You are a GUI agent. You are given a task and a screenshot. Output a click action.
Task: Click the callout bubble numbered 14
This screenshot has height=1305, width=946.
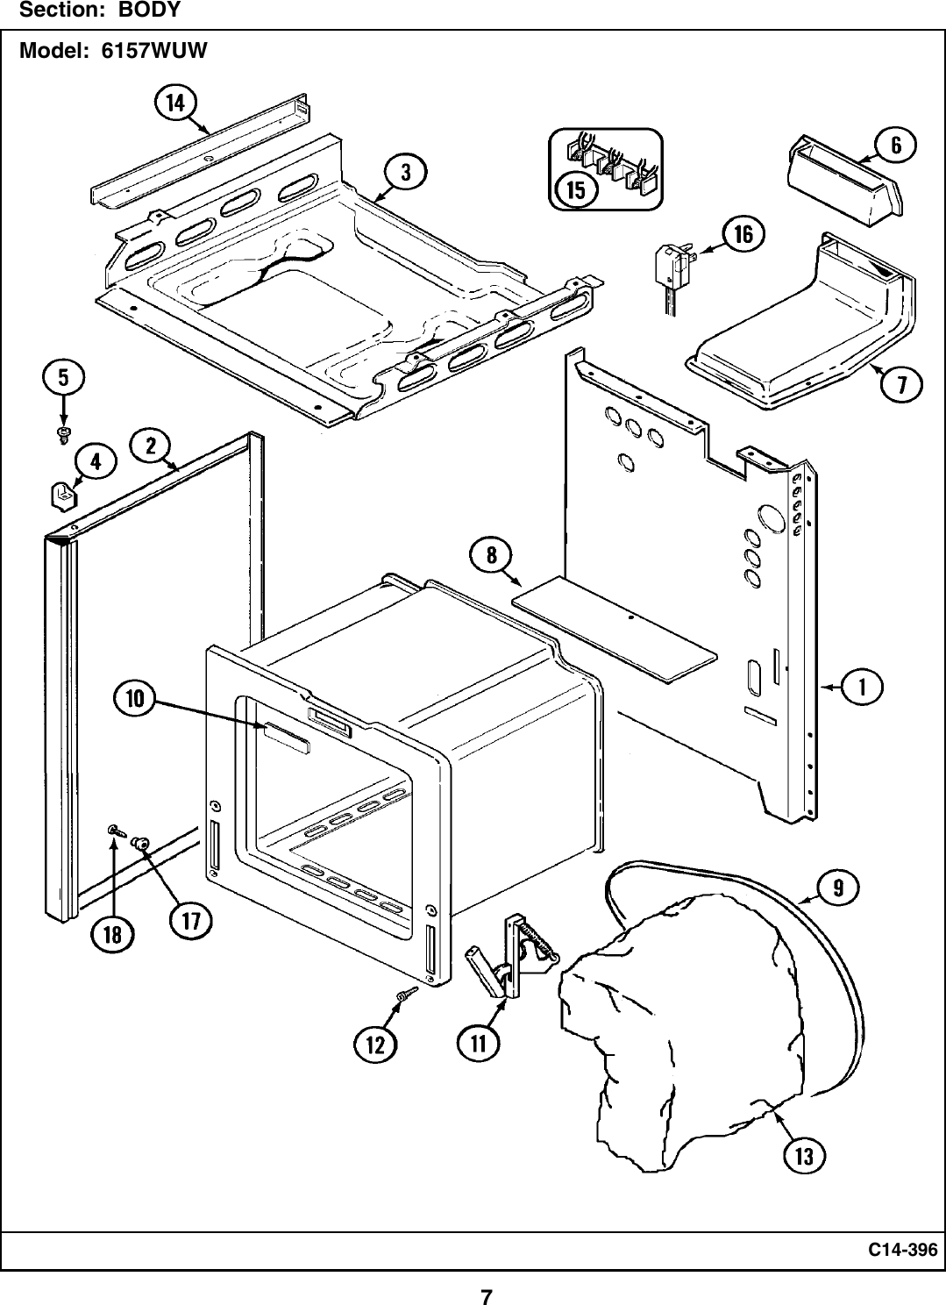coord(176,103)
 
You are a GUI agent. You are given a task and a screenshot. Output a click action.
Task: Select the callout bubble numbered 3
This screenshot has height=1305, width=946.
coord(405,172)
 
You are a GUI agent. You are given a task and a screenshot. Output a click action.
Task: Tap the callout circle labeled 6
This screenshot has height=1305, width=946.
coord(896,145)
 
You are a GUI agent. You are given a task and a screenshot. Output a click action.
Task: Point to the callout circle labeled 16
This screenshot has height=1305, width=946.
coord(743,234)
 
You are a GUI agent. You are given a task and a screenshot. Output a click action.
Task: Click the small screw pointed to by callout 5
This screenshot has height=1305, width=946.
coord(63,433)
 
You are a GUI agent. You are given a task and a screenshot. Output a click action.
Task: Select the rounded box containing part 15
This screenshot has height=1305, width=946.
coord(605,169)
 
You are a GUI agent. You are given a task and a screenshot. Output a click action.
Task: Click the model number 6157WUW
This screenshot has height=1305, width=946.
coord(154,50)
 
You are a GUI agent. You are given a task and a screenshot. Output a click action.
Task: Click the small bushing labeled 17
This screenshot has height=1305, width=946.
coord(140,843)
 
